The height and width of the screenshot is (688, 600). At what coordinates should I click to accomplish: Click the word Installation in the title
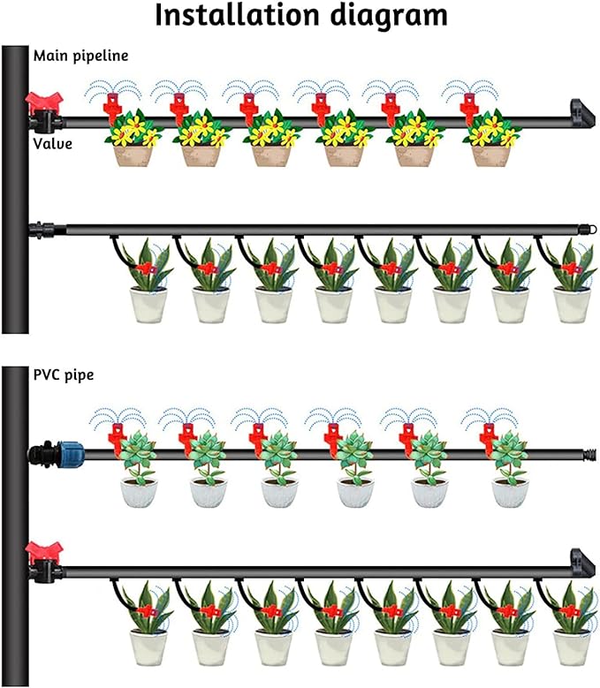[230, 18]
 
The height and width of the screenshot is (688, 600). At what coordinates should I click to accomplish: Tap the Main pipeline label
[81, 56]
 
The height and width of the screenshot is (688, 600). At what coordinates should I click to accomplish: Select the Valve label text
[52, 142]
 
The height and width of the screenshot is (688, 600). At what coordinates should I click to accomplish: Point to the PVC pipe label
[64, 374]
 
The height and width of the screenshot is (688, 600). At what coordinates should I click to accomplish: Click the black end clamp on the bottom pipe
[578, 563]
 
